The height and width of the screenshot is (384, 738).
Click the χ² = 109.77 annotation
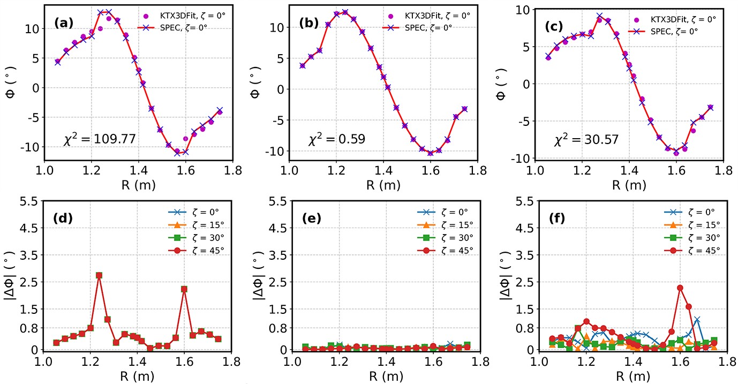click(x=99, y=140)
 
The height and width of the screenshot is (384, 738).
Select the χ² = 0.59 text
click(x=336, y=140)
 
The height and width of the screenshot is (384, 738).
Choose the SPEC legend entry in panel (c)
click(x=675, y=31)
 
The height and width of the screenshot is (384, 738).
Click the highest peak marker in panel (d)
click(x=99, y=275)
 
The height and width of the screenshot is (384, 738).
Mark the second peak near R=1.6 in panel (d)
click(x=184, y=289)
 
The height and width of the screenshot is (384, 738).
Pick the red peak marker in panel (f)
click(x=680, y=288)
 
